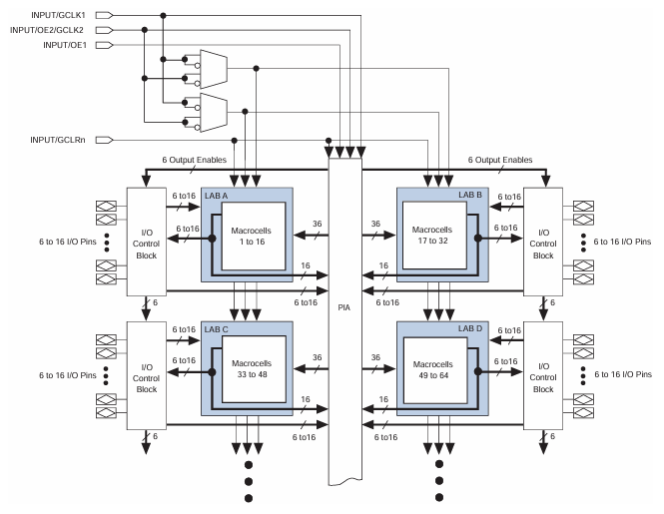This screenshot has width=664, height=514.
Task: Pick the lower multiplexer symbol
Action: coord(214,106)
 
